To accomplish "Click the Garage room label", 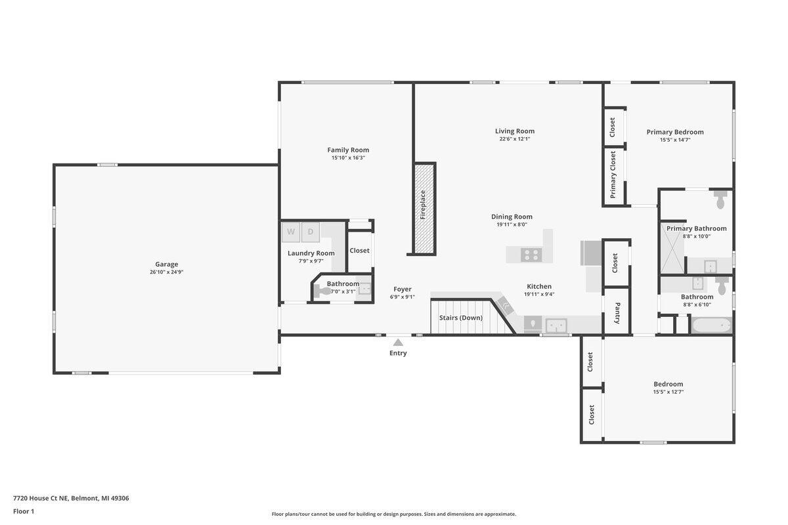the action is coord(166,264).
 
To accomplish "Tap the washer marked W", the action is coord(290,232).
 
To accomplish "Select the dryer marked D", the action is coord(310,232).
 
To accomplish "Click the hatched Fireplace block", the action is coord(425,209).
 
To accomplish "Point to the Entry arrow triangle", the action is coord(398,342).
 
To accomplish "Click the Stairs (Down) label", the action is coord(461,318).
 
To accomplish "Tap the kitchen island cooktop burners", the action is coord(531,255).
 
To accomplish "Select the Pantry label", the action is coord(617,313).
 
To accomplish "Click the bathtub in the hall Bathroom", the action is coord(711,325).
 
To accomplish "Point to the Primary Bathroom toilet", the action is coord(720,199).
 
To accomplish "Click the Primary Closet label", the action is coord(613,175).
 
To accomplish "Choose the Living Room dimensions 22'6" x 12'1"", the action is coord(515,139).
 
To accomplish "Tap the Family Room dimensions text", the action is coord(348,158).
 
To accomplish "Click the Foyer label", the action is coord(402,289).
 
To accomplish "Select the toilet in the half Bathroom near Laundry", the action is coord(322,291).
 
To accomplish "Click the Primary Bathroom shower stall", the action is coord(672,247).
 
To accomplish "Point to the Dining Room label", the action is coord(512,217).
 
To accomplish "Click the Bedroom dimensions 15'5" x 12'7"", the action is coord(668,392).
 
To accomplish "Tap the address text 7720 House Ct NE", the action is coord(41,498).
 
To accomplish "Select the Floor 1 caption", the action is coord(24,511).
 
